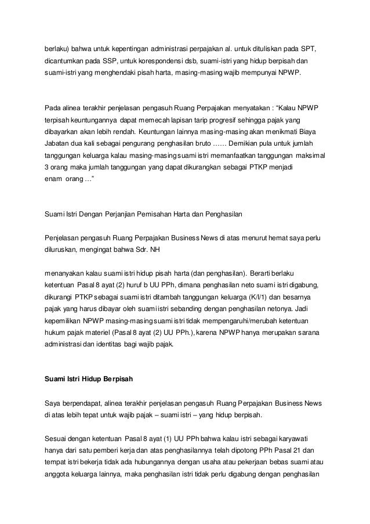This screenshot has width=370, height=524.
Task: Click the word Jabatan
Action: [x=59, y=144]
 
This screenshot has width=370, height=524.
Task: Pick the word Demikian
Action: [x=249, y=144]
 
